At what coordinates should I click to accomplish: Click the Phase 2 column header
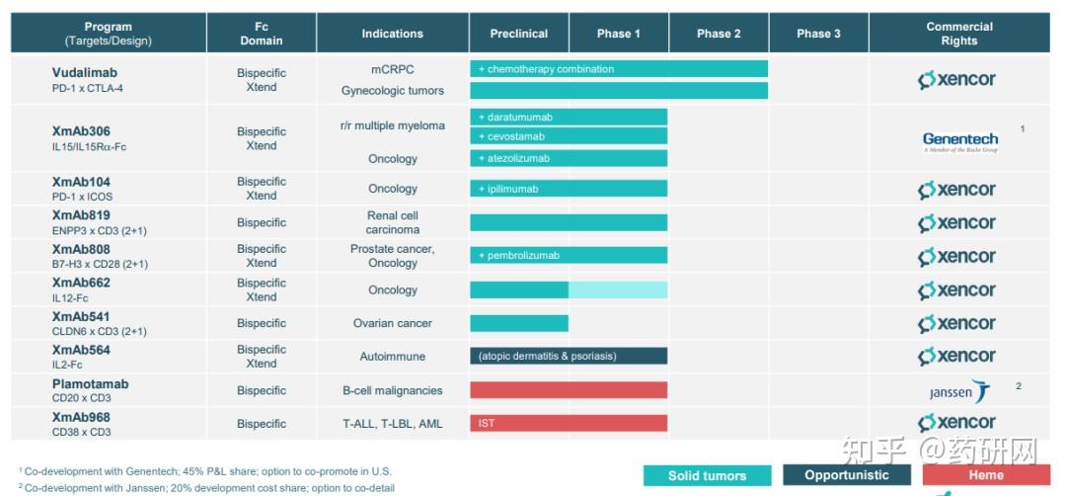pyautogui.click(x=719, y=34)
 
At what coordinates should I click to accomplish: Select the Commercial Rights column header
pyautogui.click(x=958, y=34)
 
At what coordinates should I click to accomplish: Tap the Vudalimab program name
pyautogui.click(x=85, y=72)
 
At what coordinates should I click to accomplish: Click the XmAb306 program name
pyautogui.click(x=81, y=131)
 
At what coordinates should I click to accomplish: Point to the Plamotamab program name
pyautogui.click(x=90, y=384)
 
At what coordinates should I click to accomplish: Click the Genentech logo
pyautogui.click(x=959, y=141)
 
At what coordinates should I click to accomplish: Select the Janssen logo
pyautogui.click(x=958, y=391)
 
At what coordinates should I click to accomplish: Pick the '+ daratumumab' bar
pyautogui.click(x=569, y=117)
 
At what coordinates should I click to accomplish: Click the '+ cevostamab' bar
pyautogui.click(x=569, y=136)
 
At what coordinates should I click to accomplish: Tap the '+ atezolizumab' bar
pyautogui.click(x=569, y=158)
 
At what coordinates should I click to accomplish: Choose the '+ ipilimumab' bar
pyautogui.click(x=569, y=189)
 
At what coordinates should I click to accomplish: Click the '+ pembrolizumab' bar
pyautogui.click(x=569, y=256)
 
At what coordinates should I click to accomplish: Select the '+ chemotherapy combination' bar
pyautogui.click(x=619, y=69)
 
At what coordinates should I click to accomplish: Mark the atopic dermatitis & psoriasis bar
pyautogui.click(x=569, y=356)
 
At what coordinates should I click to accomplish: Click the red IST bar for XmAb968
pyautogui.click(x=569, y=423)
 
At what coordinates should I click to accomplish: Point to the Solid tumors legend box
pyautogui.click(x=707, y=475)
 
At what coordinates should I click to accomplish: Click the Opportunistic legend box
pyautogui.click(x=847, y=475)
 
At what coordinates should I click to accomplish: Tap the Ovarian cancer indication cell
pyautogui.click(x=392, y=323)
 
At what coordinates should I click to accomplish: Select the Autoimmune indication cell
pyautogui.click(x=392, y=356)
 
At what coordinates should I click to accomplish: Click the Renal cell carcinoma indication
pyautogui.click(x=392, y=222)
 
